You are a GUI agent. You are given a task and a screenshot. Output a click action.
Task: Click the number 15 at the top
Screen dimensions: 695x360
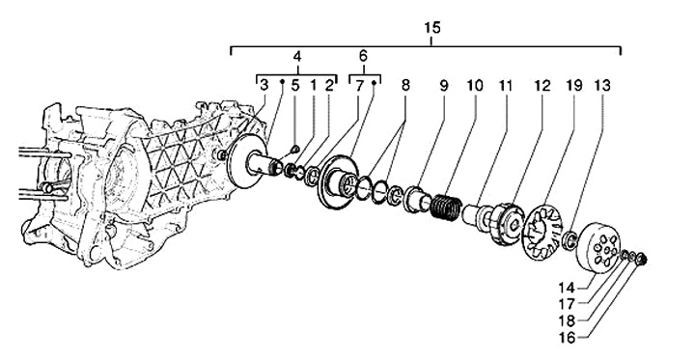[x=432, y=28]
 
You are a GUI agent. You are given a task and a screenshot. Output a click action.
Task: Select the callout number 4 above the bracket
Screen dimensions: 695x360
[x=297, y=57]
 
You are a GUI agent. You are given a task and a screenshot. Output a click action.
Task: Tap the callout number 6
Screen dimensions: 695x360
[x=364, y=56]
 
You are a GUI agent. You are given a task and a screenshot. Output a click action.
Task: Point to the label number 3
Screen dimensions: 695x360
[x=264, y=86]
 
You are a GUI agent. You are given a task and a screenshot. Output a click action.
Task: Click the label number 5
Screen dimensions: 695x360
[x=295, y=86]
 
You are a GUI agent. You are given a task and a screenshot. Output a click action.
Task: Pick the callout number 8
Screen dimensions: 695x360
[x=405, y=86]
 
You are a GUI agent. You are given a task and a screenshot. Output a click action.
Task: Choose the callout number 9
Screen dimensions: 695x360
[x=444, y=86]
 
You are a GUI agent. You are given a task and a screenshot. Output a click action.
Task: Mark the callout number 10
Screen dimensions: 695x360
[x=475, y=86]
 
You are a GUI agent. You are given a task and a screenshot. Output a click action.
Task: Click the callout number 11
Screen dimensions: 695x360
[x=505, y=86]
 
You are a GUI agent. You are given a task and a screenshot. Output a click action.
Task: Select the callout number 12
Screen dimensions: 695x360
[x=542, y=86]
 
